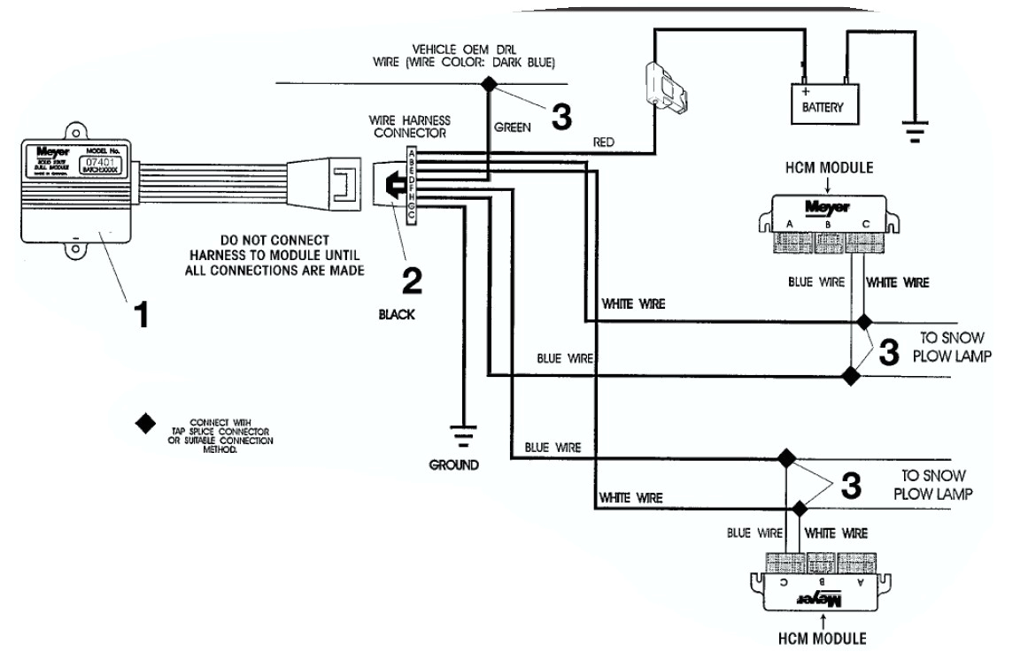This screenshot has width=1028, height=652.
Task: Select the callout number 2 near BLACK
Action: pyautogui.click(x=411, y=280)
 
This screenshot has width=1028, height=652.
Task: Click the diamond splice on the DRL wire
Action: pyautogui.click(x=488, y=84)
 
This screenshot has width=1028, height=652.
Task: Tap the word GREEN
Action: pyautogui.click(x=512, y=127)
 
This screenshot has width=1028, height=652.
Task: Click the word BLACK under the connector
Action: pyautogui.click(x=397, y=314)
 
